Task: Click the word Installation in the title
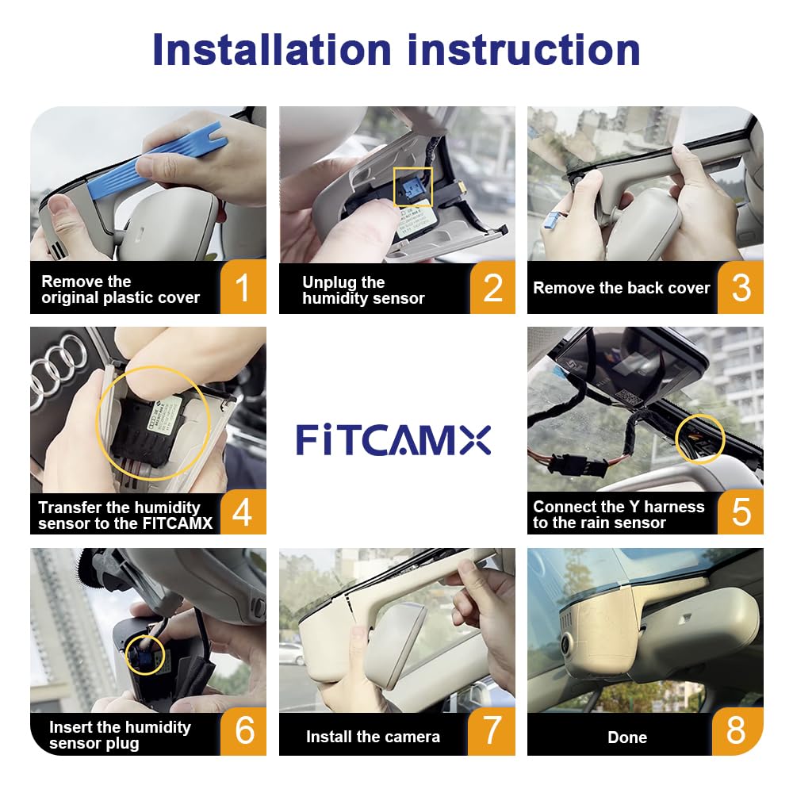[272, 49]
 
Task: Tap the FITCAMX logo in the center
[393, 439]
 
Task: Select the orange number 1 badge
[243, 287]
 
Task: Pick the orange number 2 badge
[492, 287]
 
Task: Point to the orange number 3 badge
[741, 287]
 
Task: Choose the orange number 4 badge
[243, 511]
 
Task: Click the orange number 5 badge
[741, 511]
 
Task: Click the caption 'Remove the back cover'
[621, 288]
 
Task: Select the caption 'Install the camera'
[373, 737]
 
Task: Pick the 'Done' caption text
[626, 737]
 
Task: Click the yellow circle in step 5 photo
[699, 437]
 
